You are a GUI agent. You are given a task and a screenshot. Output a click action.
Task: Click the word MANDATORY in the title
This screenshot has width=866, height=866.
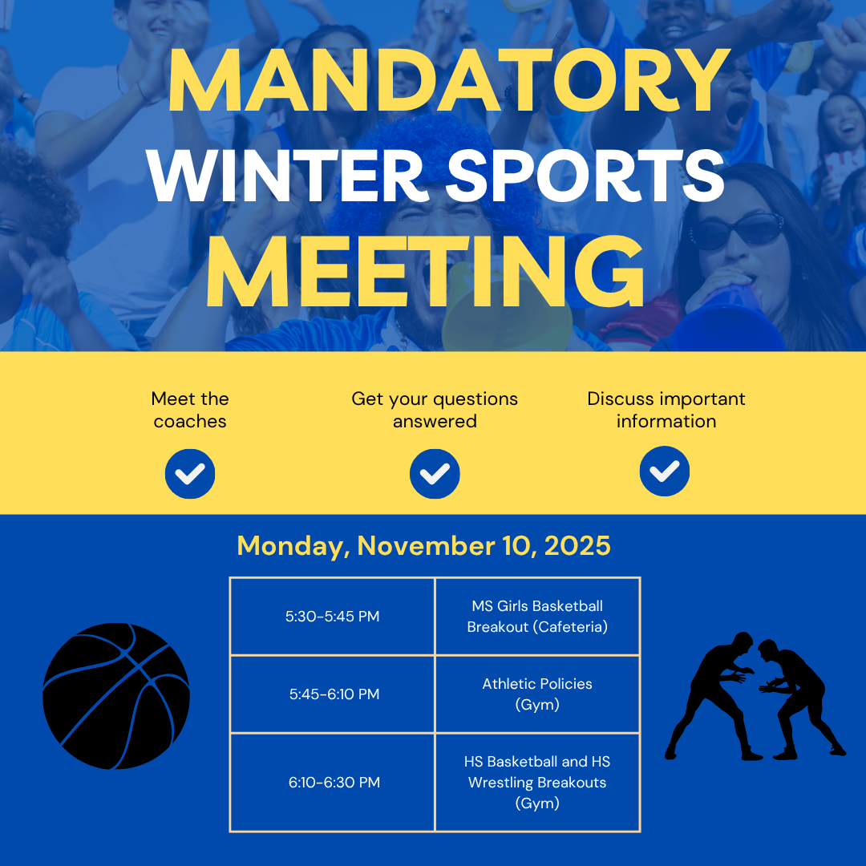click(x=449, y=81)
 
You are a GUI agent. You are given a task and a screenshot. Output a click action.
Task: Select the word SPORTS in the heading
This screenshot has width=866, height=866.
click(x=585, y=176)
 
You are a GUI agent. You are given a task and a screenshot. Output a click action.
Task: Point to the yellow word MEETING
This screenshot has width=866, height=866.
click(x=425, y=272)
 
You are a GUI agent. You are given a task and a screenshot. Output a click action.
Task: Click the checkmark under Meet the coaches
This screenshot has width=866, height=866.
click(x=190, y=474)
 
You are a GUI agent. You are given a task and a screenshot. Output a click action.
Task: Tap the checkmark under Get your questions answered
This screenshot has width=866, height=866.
click(x=435, y=474)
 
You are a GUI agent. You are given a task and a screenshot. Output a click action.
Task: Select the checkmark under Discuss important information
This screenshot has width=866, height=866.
click(x=665, y=471)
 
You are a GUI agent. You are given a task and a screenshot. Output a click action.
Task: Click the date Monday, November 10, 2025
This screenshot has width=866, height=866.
click(x=423, y=546)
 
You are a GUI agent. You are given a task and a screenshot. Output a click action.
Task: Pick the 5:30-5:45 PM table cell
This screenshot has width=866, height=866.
click(x=333, y=617)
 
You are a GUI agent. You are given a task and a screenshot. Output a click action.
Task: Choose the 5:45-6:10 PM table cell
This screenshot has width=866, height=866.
click(x=333, y=694)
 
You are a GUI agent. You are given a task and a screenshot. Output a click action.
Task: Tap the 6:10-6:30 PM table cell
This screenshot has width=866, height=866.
click(x=333, y=782)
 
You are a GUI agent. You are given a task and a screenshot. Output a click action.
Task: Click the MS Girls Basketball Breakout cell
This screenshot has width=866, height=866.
click(x=537, y=617)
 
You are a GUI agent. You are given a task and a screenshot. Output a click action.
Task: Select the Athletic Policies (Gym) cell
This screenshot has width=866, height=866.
click(x=537, y=694)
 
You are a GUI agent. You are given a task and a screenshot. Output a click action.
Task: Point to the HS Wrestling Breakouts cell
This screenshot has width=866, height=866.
click(x=537, y=782)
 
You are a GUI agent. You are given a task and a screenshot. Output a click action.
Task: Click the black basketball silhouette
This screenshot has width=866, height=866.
click(x=116, y=696)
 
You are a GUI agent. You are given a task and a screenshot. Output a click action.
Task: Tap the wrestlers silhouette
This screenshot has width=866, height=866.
click(x=755, y=696)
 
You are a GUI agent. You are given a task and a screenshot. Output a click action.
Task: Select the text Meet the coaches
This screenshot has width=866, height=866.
click(x=190, y=410)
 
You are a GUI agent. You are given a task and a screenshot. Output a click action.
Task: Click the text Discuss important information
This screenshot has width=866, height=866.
click(x=666, y=410)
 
